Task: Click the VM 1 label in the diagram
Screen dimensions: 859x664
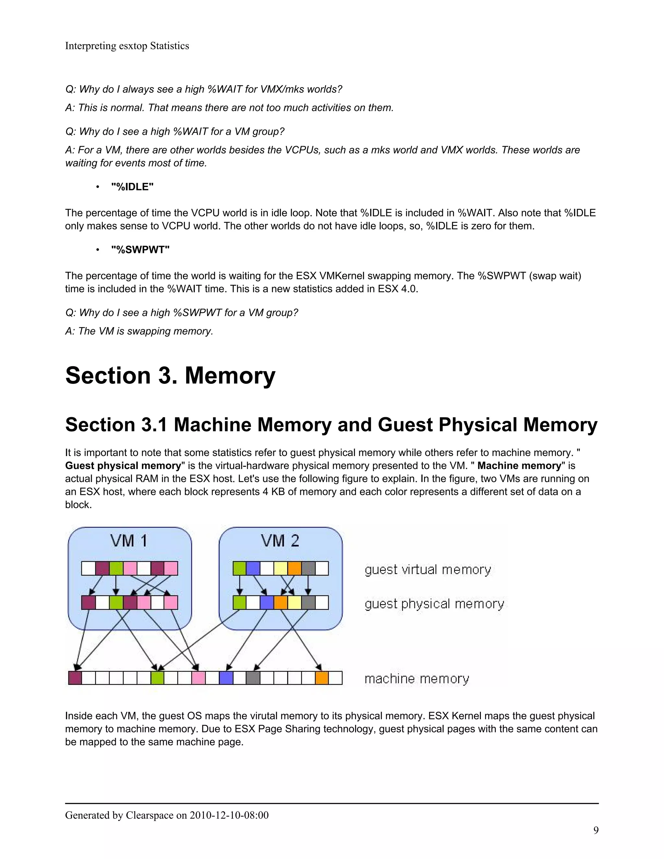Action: click(129, 540)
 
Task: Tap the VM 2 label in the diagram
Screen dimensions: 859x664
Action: click(280, 540)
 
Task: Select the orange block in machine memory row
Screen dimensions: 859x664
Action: click(321, 678)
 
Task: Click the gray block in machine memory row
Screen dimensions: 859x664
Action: click(253, 678)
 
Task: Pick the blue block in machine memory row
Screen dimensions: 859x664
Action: click(226, 678)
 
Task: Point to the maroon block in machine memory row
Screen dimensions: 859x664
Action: click(75, 678)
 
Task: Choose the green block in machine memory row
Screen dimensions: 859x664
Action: click(157, 678)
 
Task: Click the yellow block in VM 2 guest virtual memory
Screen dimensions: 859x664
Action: click(280, 568)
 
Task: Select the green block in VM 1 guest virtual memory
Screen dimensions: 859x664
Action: click(116, 568)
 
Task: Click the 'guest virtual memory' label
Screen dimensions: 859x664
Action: click(428, 570)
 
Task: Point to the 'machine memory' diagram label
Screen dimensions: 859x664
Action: click(417, 678)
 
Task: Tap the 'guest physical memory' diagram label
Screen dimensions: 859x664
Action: click(434, 604)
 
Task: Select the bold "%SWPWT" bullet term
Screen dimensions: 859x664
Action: click(140, 250)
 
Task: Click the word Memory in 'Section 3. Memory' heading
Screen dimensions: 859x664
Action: click(230, 375)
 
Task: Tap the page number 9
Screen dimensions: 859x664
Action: click(596, 830)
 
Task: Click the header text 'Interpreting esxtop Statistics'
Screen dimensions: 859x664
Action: click(127, 46)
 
